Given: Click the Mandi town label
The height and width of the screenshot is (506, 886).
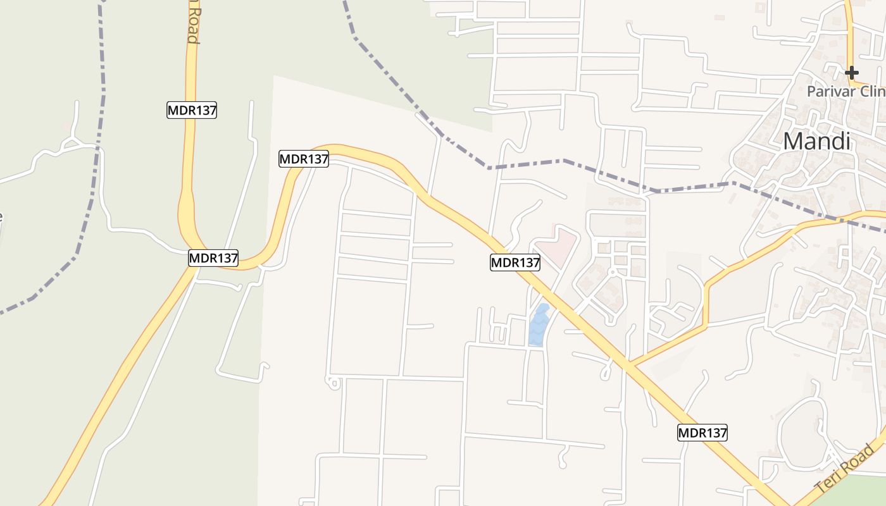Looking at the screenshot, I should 817,141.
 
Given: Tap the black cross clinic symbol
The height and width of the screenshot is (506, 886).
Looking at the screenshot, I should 852,72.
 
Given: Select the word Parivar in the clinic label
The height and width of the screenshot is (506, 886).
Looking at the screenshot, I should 828,92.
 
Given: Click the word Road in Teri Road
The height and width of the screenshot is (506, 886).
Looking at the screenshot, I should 859,459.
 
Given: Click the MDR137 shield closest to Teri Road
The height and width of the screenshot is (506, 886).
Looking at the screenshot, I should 702,433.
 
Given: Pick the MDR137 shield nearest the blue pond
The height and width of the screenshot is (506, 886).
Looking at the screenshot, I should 515,262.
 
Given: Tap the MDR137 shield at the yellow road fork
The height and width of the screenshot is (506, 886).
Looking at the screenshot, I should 213,258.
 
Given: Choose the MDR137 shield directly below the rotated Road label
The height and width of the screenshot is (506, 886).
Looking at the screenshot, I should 192,110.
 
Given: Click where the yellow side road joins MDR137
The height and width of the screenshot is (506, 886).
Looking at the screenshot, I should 629,366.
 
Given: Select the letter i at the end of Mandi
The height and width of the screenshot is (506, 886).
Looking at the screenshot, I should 847,141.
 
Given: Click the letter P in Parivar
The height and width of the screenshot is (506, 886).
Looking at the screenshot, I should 811,92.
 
